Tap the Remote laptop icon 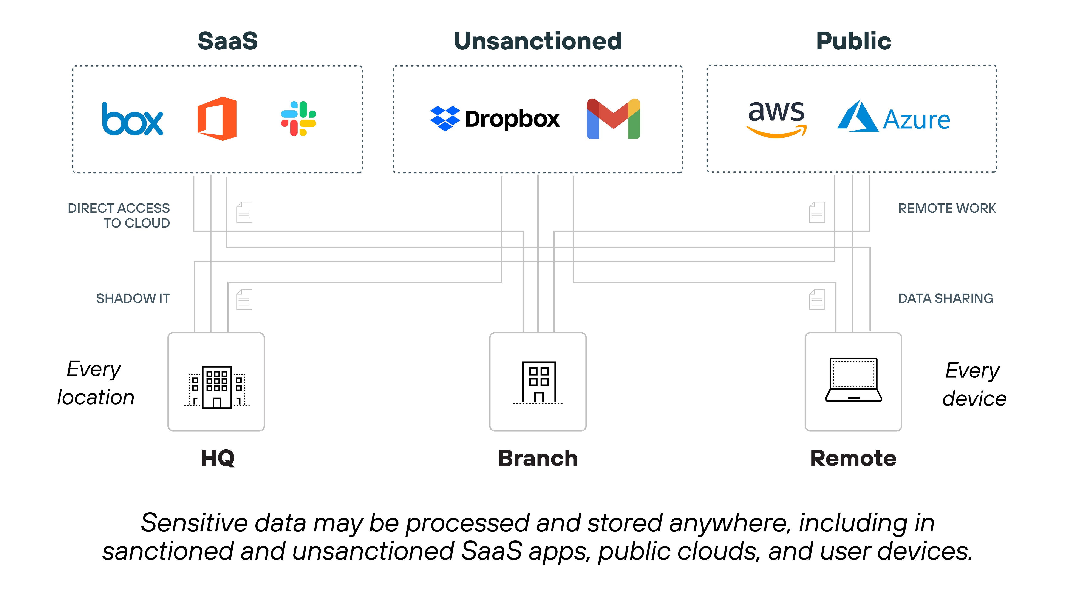[x=853, y=380]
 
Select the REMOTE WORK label [x=947, y=208]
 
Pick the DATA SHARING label [x=946, y=299]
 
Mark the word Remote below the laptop [x=853, y=459]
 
